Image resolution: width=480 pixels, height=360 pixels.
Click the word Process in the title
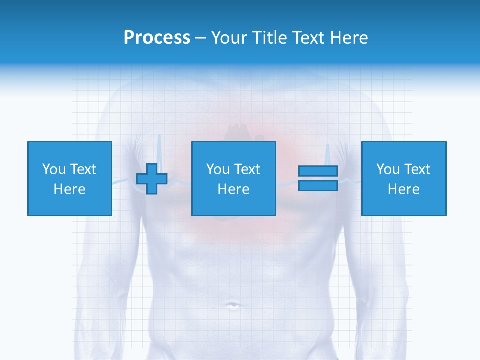[x=157, y=38]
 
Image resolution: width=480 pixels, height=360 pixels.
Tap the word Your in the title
[x=230, y=38]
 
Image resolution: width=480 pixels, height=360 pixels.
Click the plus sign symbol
[x=152, y=178]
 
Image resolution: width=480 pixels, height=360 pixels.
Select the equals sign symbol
[x=318, y=178]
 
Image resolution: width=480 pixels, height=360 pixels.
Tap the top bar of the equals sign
[x=318, y=171]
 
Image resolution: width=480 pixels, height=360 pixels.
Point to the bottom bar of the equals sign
[x=318, y=185]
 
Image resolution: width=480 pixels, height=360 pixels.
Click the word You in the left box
[x=54, y=169]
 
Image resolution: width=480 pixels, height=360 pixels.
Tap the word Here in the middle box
[x=234, y=189]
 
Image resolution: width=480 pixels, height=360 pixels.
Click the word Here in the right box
[x=404, y=189]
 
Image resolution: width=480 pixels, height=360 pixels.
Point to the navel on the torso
[x=233, y=305]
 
